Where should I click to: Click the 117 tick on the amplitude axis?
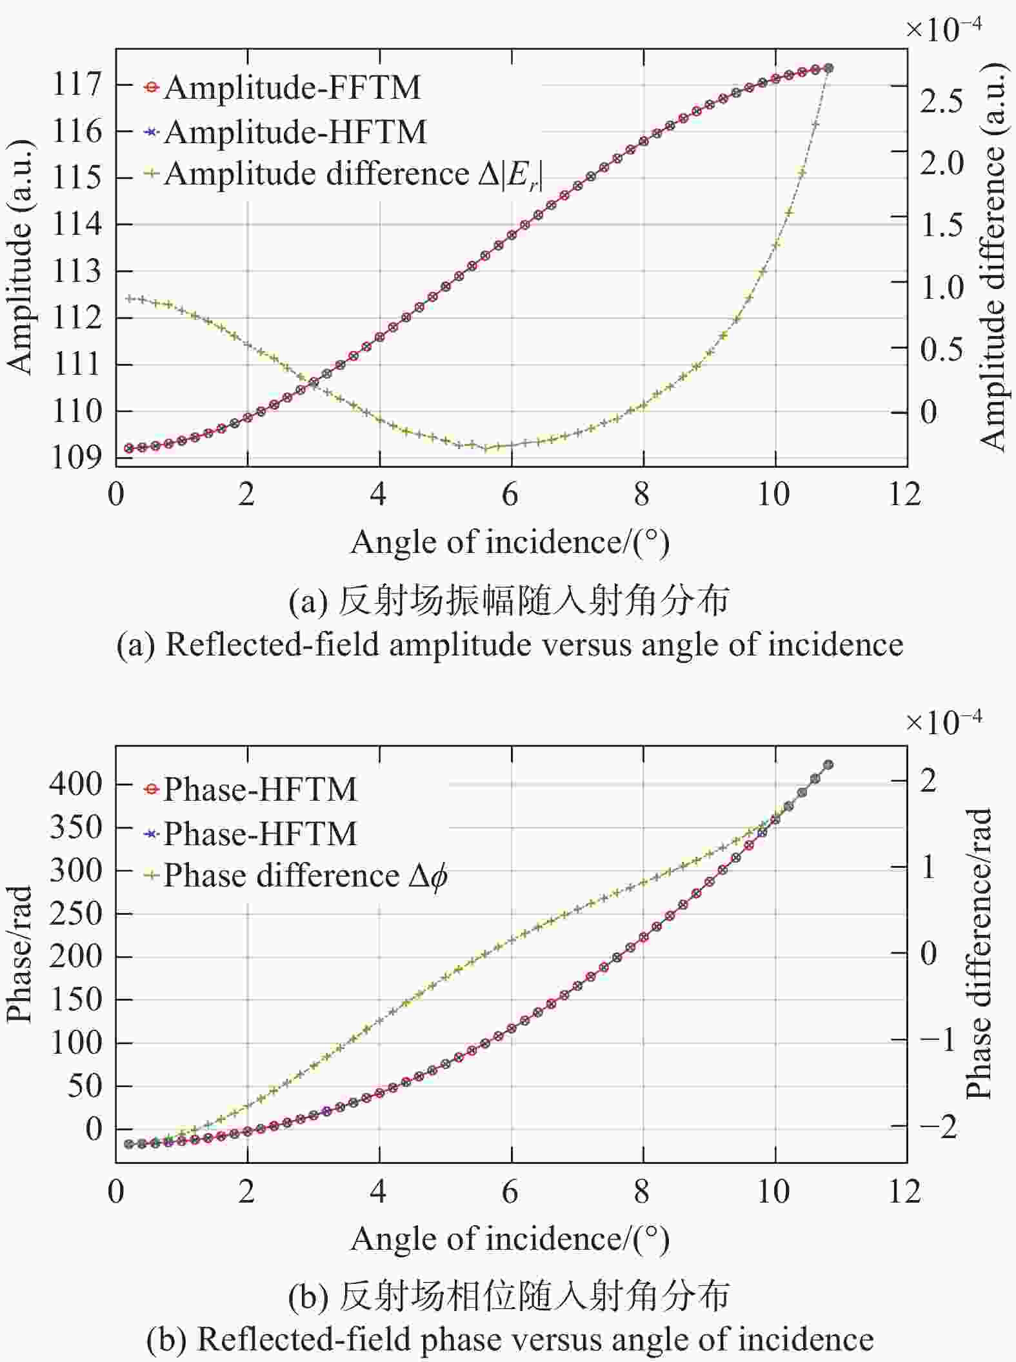(77, 85)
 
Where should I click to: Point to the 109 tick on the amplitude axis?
(77, 457)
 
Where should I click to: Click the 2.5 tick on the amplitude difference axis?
(941, 101)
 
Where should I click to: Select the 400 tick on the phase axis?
(76, 784)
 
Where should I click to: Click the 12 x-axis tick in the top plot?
(904, 494)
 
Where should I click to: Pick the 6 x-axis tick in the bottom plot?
(510, 1192)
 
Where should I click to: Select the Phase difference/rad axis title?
(978, 954)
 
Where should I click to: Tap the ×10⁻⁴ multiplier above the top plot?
(944, 28)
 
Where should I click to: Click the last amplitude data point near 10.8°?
(829, 68)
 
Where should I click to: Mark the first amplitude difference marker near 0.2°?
(129, 299)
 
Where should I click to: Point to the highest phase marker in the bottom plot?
(829, 765)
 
